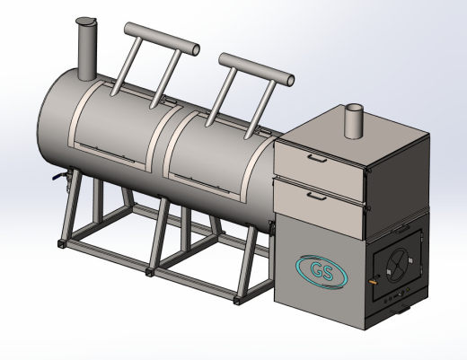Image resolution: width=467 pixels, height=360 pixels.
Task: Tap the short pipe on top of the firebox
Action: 354,121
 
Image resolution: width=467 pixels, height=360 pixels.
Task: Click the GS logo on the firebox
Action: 322,272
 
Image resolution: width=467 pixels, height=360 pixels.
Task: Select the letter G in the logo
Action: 316,269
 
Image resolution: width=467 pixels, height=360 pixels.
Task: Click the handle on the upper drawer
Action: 318,158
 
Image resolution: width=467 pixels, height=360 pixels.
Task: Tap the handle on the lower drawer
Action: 317,197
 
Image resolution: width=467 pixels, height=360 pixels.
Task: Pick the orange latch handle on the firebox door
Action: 374,282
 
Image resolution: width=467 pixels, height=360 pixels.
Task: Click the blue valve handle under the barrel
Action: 57,177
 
